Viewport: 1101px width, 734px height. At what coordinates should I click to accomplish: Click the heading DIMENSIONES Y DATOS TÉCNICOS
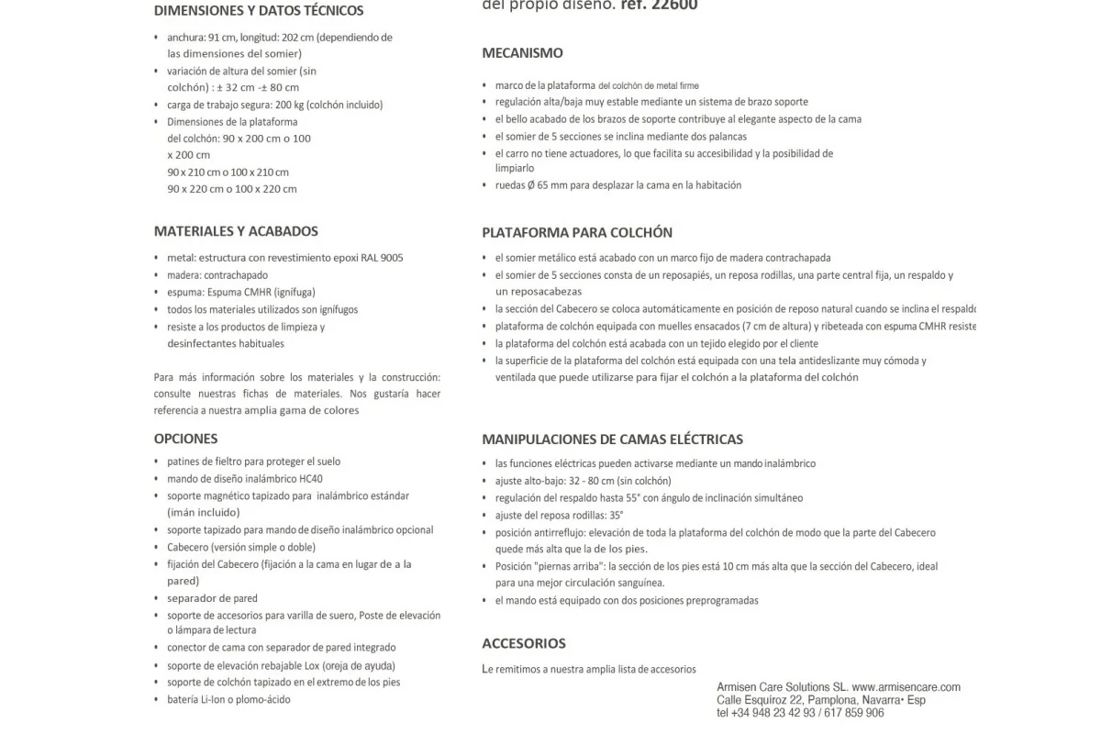pyautogui.click(x=259, y=11)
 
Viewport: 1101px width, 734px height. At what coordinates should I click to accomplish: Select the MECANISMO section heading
pyautogui.click(x=522, y=53)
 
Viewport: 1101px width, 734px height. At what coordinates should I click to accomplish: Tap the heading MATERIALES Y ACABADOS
pyautogui.click(x=236, y=231)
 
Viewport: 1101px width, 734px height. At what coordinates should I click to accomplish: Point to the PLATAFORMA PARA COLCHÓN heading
pyautogui.click(x=577, y=233)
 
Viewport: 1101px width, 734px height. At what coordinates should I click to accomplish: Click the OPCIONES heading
pyautogui.click(x=185, y=439)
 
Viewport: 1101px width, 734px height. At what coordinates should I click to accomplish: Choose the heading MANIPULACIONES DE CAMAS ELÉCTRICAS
pyautogui.click(x=612, y=439)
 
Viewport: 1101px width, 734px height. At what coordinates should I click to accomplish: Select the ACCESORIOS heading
pyautogui.click(x=523, y=643)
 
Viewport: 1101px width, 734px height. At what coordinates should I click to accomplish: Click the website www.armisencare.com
pyautogui.click(x=906, y=687)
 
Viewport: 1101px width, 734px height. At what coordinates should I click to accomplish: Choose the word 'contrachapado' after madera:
pyautogui.click(x=236, y=275)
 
